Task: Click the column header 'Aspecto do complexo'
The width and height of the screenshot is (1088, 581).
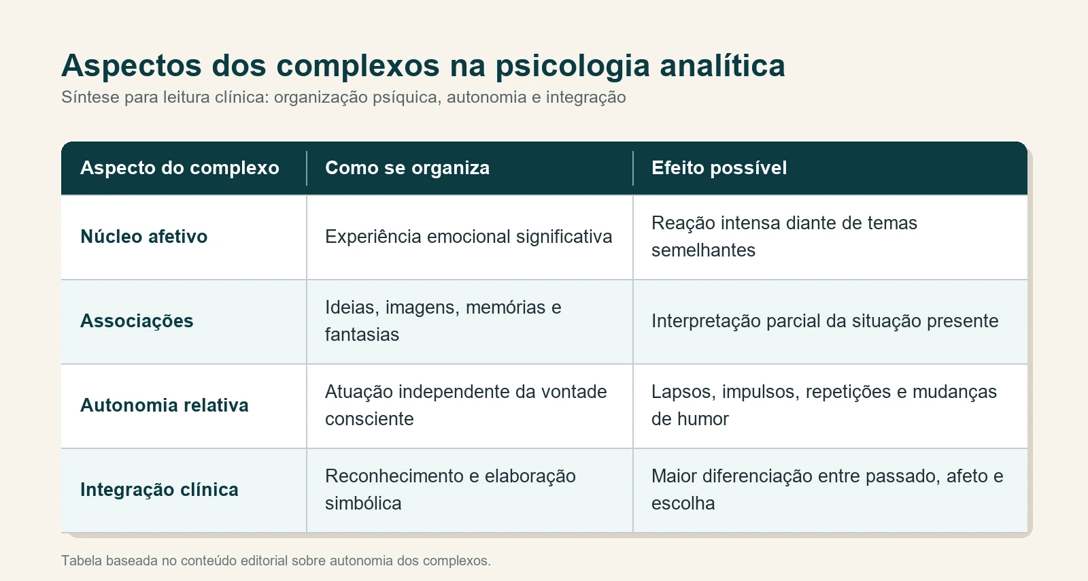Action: pos(180,168)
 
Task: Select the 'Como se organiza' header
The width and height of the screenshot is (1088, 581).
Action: pos(407,168)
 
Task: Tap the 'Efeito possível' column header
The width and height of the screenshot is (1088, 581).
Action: pos(719,168)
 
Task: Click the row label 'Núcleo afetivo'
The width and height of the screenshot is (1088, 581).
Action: pos(143,237)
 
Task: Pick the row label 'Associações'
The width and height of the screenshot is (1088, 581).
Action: pos(137,321)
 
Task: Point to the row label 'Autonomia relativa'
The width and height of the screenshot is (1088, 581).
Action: pos(164,405)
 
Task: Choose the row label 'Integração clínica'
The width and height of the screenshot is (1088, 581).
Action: pos(159,490)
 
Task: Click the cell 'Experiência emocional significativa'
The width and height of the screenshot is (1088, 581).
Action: pos(469,237)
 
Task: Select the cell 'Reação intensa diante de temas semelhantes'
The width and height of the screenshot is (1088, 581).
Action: pos(784,237)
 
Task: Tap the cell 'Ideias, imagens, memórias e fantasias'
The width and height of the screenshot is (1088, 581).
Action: pos(443,321)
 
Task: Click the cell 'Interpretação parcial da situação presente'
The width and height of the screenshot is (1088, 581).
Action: pos(825,321)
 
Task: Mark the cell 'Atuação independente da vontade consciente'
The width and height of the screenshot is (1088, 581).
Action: pos(466,405)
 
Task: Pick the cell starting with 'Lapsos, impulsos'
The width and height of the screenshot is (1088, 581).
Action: pos(823,405)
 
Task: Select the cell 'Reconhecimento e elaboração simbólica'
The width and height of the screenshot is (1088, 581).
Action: pos(450,490)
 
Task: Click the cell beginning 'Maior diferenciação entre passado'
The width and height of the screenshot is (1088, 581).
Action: pos(827,490)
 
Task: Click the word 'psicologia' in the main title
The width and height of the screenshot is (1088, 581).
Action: pos(573,66)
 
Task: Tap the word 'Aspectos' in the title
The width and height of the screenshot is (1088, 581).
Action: pos(131,66)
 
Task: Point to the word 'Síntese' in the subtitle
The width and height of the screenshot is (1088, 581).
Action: pos(90,97)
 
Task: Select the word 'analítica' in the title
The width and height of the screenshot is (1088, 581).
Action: pos(722,65)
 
